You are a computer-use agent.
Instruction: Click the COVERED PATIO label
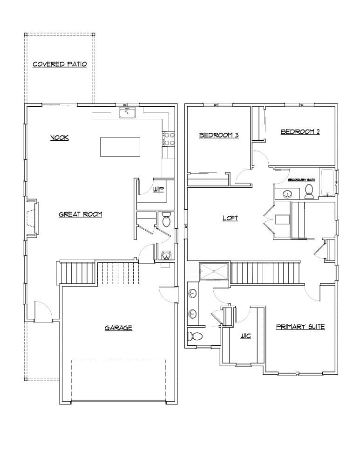60,64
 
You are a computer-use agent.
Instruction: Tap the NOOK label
60,137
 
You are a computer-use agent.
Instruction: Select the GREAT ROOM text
80,214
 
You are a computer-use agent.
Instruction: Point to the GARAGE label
118,328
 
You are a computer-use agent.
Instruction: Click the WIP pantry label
158,190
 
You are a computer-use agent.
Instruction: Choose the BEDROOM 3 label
219,136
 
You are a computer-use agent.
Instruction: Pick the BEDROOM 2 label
300,132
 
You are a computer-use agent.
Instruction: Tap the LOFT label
230,218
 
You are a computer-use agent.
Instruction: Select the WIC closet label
245,336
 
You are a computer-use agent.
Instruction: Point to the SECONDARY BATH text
301,180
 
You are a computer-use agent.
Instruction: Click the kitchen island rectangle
120,147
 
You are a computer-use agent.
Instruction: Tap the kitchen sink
127,112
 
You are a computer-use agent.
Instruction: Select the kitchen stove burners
168,139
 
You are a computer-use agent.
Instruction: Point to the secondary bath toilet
308,190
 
